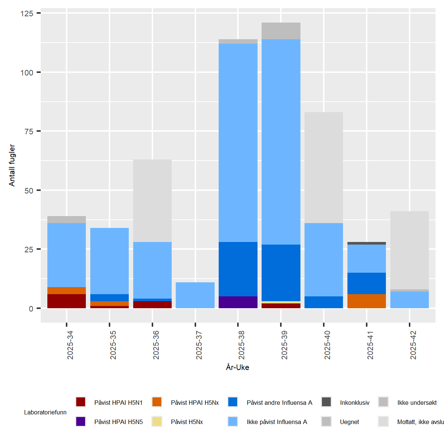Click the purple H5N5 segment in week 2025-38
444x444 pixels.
coord(238,302)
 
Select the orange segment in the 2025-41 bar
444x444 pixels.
coord(366,301)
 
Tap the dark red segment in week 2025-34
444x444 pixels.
coord(67,301)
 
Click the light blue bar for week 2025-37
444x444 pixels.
coord(195,295)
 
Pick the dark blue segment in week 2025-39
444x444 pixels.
coord(281,273)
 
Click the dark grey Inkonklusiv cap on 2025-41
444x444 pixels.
coord(366,243)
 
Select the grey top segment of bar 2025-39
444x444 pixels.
coord(281,31)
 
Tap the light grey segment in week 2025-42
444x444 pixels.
coord(409,250)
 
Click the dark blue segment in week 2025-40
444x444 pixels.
coord(324,302)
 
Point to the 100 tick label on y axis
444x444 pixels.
coord(27,73)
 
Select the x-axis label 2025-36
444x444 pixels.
coord(156,345)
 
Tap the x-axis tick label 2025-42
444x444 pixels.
coord(413,345)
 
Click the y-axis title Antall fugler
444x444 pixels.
coord(12,165)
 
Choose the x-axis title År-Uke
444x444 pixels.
coord(238,367)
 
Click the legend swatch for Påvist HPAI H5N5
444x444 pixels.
coord(81,421)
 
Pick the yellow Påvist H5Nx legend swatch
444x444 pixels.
coord(157,421)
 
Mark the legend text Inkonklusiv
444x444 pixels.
coord(354,403)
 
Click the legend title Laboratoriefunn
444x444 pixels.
coord(45,412)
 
